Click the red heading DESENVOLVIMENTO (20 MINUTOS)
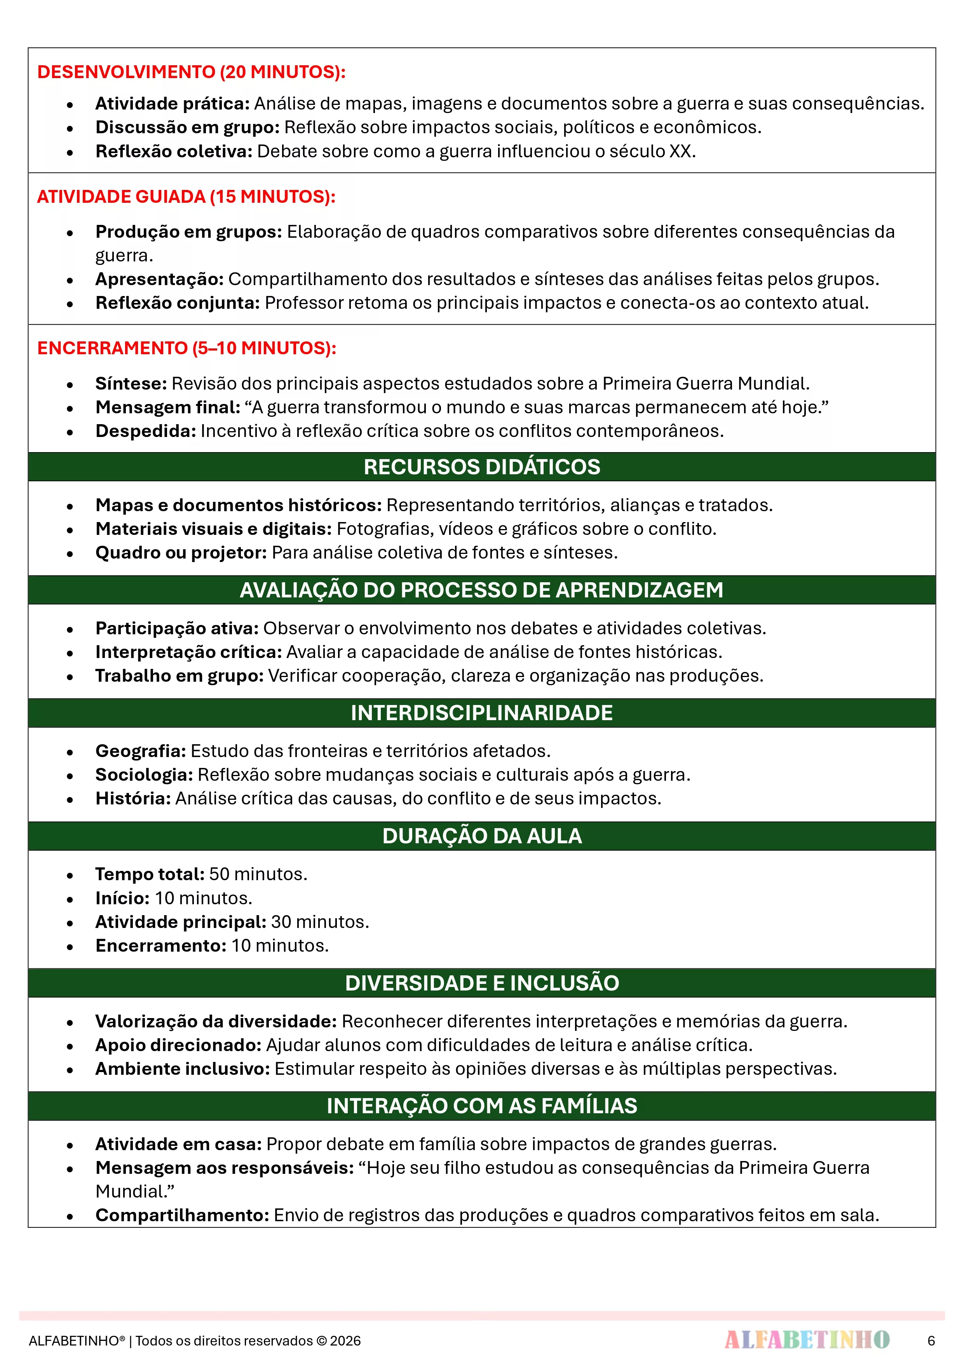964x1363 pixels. click(x=191, y=72)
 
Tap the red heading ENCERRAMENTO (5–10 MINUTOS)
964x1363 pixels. click(x=187, y=348)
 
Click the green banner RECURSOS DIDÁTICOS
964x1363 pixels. click(x=482, y=467)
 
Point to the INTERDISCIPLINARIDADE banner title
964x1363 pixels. click(x=482, y=713)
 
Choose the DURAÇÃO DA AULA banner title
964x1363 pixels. click(x=482, y=836)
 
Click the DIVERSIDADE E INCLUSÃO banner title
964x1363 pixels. click(x=482, y=983)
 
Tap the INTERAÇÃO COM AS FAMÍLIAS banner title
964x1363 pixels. click(x=482, y=1106)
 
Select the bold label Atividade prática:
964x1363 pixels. click(x=172, y=104)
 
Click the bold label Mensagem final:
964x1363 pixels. click(x=167, y=407)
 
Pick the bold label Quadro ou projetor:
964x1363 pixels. click(x=181, y=553)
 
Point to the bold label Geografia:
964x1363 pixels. click(x=141, y=751)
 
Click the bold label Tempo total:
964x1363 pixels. click(x=150, y=874)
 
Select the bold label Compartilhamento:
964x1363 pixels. click(x=182, y=1215)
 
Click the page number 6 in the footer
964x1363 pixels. click(x=931, y=1340)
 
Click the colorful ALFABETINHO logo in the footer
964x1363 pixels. click(x=807, y=1340)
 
